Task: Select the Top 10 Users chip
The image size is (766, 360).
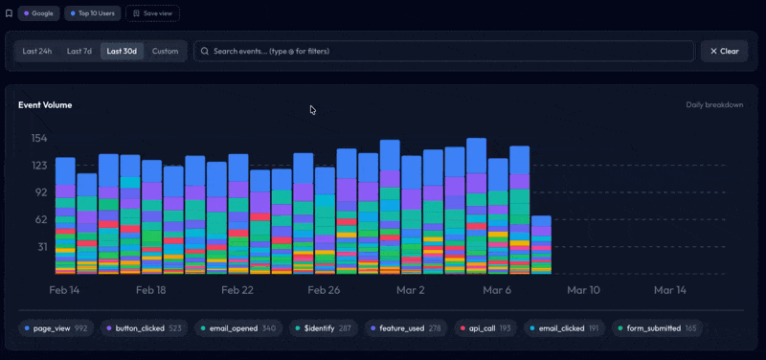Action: (92, 13)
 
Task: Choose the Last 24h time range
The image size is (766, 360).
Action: (37, 51)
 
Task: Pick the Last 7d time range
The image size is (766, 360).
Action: (79, 51)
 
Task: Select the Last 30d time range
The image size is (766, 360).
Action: (122, 51)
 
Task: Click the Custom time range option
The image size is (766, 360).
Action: (165, 51)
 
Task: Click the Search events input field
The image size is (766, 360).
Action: (443, 51)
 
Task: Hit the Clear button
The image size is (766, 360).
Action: (724, 51)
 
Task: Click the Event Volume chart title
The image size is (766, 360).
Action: (45, 104)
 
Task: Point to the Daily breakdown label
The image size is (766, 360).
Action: (714, 104)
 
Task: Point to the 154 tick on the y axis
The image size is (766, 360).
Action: (38, 138)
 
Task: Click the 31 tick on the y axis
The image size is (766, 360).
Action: (42, 247)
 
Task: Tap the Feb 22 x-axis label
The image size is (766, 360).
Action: (237, 289)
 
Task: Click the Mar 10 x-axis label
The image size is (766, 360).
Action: (583, 289)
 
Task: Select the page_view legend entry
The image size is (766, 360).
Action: (56, 328)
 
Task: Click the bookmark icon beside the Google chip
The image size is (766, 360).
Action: (10, 13)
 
